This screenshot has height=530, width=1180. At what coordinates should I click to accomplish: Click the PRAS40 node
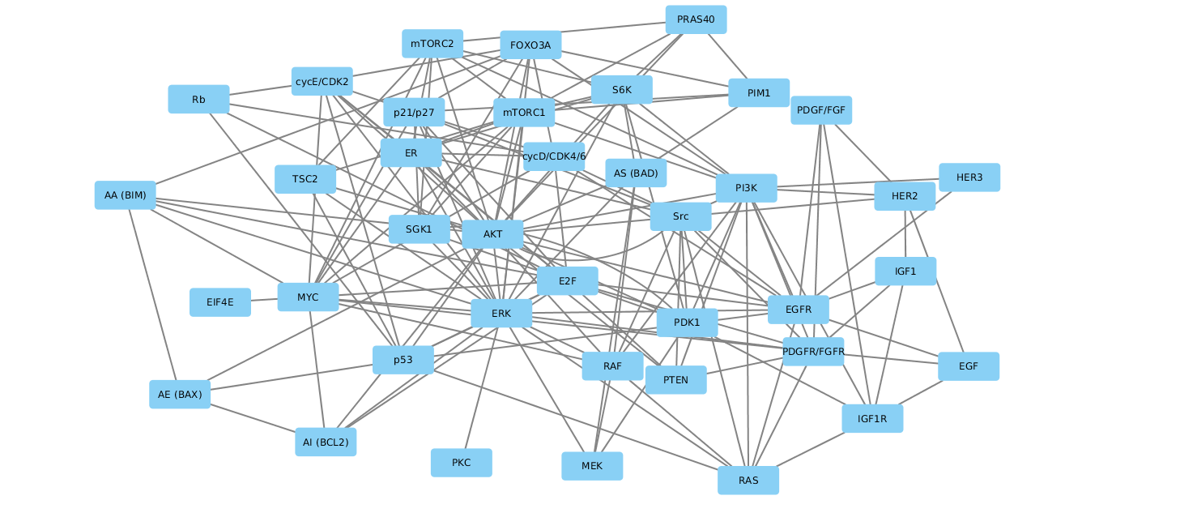pyautogui.click(x=696, y=19)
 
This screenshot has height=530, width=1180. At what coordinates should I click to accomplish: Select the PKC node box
pyautogui.click(x=461, y=463)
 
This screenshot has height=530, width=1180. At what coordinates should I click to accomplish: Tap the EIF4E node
pyautogui.click(x=219, y=302)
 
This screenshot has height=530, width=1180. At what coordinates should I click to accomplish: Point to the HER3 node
pyautogui.click(x=969, y=177)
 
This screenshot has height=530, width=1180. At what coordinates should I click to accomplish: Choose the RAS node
pyautogui.click(x=748, y=481)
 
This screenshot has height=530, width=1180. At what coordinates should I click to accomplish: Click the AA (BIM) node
pyautogui.click(x=125, y=195)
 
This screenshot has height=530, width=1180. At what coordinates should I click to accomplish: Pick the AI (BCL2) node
pyautogui.click(x=325, y=442)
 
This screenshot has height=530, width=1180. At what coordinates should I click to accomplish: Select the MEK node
pyautogui.click(x=591, y=466)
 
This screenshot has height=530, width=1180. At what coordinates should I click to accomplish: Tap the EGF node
pyautogui.click(x=968, y=366)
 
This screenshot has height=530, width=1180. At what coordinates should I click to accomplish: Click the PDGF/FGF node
pyautogui.click(x=820, y=110)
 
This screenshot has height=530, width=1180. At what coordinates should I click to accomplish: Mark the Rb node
pyautogui.click(x=198, y=100)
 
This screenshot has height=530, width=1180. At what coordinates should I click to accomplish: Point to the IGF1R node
pyautogui.click(x=871, y=419)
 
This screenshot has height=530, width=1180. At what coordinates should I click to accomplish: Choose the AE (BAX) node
pyautogui.click(x=179, y=395)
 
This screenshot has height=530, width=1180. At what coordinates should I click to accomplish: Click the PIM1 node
pyautogui.click(x=758, y=93)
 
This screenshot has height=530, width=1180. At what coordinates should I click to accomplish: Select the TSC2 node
pyautogui.click(x=305, y=179)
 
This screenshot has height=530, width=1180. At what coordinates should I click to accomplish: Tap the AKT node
pyautogui.click(x=492, y=234)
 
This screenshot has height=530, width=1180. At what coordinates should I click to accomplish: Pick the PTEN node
pyautogui.click(x=675, y=380)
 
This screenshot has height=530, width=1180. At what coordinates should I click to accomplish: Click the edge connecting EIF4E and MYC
pyautogui.click(x=264, y=300)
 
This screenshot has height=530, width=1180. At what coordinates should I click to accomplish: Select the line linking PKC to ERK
pyautogui.click(x=481, y=387)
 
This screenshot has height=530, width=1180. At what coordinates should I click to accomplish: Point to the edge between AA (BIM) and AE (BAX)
pyautogui.click(x=152, y=295)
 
